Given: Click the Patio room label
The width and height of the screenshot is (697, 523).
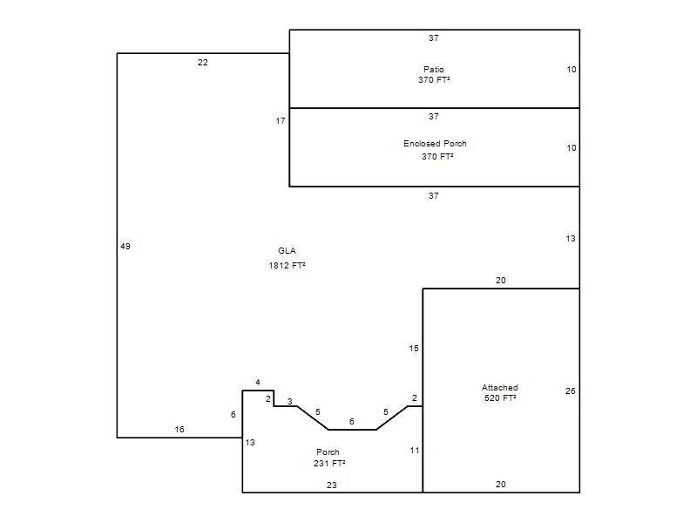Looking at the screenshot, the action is click(x=433, y=70).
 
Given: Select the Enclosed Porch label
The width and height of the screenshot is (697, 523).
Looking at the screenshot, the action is click(x=435, y=144).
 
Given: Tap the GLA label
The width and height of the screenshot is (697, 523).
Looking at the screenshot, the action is click(x=287, y=251).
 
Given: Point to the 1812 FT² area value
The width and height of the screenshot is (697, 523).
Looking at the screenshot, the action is click(x=287, y=266).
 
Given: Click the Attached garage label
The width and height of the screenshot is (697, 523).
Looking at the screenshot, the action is click(x=499, y=387).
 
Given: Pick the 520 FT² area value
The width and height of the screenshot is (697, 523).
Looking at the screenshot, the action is click(x=500, y=398).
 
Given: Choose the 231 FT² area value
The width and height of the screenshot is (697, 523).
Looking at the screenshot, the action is click(x=329, y=464).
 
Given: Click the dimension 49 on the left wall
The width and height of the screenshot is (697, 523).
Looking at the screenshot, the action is click(x=125, y=247).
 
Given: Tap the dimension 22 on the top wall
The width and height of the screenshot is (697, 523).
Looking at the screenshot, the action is click(x=203, y=63).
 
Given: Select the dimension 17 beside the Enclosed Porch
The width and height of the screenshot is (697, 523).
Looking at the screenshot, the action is click(x=281, y=121).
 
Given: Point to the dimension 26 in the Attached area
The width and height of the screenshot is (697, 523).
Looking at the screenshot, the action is click(x=571, y=391).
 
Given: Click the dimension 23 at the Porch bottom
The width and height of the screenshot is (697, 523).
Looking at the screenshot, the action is click(x=332, y=486).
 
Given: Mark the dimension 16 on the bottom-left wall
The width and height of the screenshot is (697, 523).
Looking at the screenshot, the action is click(x=179, y=430).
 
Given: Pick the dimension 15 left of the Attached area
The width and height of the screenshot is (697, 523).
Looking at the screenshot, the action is click(x=414, y=349).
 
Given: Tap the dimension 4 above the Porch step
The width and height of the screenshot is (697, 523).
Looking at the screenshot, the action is click(x=258, y=382).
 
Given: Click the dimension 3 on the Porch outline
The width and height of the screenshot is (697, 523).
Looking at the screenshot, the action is click(x=290, y=402).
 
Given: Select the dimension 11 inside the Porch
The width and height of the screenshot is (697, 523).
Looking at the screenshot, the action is click(x=415, y=451).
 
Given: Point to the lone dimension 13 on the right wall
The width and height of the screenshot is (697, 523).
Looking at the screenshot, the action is click(x=571, y=239).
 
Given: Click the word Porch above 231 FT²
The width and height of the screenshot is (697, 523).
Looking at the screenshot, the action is click(x=328, y=452).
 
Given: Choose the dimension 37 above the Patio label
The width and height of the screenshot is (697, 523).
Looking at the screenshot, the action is click(x=434, y=38).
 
